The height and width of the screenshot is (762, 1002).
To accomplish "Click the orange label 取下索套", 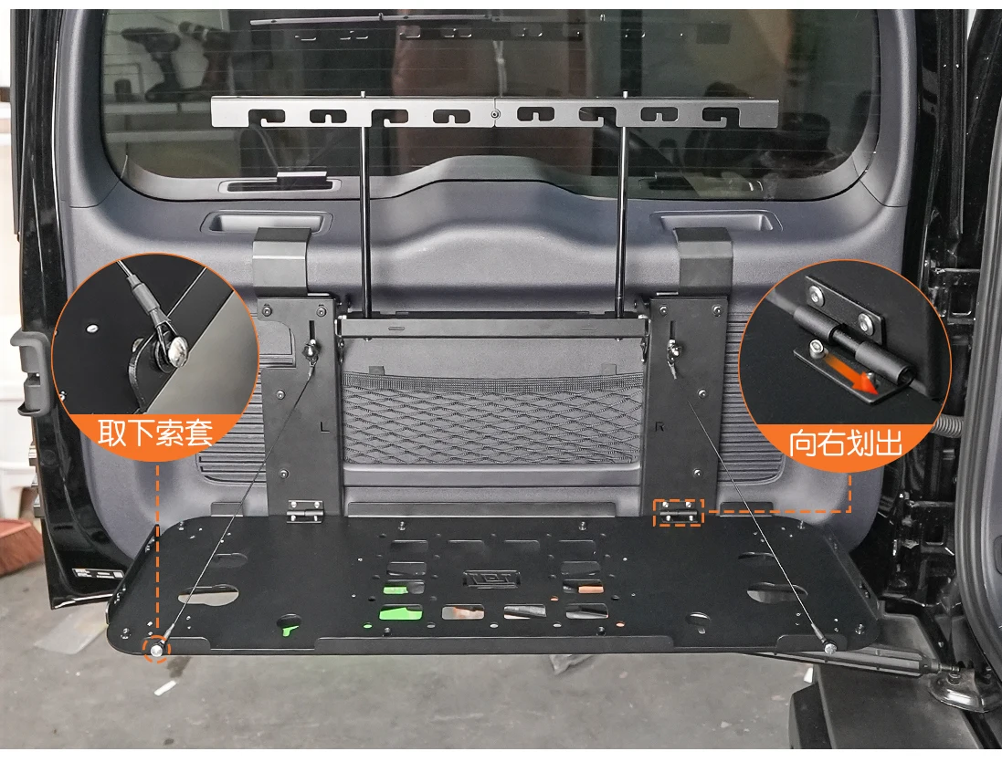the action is (155, 433).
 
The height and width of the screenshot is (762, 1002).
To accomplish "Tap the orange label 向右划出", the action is (845, 443).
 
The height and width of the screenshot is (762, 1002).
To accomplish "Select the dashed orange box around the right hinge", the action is (678, 512).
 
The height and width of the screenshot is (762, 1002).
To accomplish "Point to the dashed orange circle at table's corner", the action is (156, 649).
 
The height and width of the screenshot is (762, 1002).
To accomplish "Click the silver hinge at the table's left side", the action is (304, 509).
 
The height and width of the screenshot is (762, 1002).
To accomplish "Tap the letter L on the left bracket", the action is (325, 426).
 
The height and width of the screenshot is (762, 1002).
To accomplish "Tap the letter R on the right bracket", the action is (660, 426).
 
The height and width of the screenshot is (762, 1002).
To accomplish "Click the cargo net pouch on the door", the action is (492, 418).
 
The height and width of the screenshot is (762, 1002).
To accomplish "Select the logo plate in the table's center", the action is (491, 579).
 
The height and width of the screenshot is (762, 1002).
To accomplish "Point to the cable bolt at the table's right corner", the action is (829, 648).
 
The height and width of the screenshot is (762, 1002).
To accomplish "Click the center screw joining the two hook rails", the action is (495, 114).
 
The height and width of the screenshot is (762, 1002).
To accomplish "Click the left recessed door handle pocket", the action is (266, 223).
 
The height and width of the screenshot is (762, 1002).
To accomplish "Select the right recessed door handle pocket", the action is (716, 222).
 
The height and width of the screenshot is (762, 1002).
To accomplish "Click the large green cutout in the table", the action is (401, 613).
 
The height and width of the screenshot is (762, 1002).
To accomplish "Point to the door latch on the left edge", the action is (32, 373).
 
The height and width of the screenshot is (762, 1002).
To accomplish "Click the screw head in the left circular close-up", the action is (174, 348).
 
